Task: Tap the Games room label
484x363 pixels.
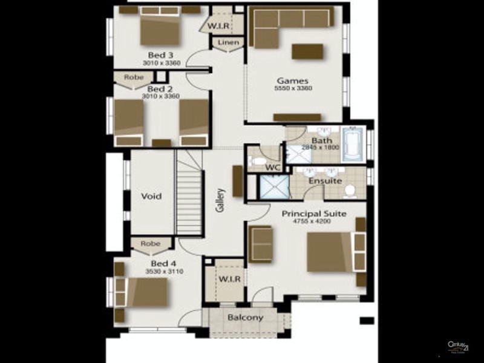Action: (x=293, y=80)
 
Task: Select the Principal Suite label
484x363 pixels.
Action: (x=314, y=214)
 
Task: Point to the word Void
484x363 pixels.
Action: (x=151, y=196)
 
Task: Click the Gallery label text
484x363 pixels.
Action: (x=220, y=200)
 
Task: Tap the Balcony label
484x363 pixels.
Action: (x=245, y=318)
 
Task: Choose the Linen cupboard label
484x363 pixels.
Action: (x=227, y=42)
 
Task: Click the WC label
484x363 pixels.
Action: (x=273, y=167)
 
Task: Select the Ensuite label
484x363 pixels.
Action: (x=325, y=181)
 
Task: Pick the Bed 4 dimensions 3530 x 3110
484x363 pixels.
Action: (x=164, y=272)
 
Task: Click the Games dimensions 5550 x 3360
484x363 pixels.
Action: (x=293, y=88)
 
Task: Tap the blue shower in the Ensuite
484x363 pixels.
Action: (x=274, y=186)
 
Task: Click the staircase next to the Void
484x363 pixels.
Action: (x=189, y=194)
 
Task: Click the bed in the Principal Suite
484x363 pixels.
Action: (x=330, y=251)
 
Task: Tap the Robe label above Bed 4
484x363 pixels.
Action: (x=151, y=244)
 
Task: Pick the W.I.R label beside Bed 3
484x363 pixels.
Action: (x=218, y=26)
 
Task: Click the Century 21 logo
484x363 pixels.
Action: (x=458, y=347)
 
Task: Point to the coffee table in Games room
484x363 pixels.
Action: (x=307, y=51)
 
